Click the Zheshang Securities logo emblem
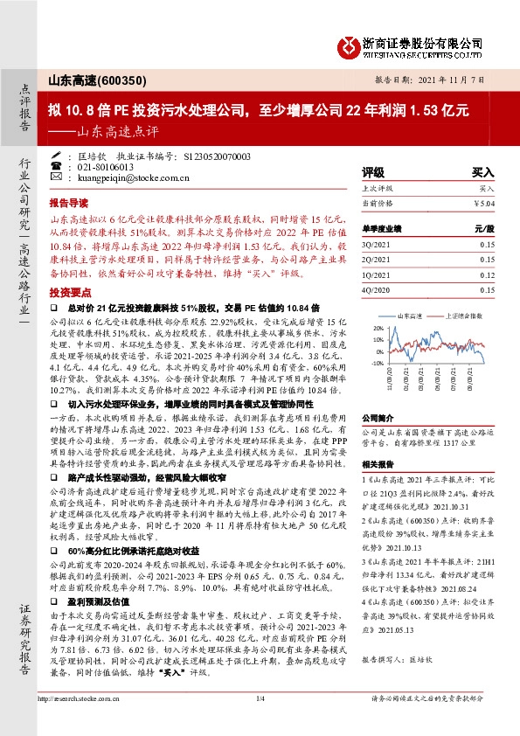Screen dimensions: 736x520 (x=351, y=43)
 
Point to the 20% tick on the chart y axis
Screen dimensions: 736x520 (x=378, y=329)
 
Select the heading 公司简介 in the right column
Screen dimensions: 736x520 (x=376, y=419)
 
